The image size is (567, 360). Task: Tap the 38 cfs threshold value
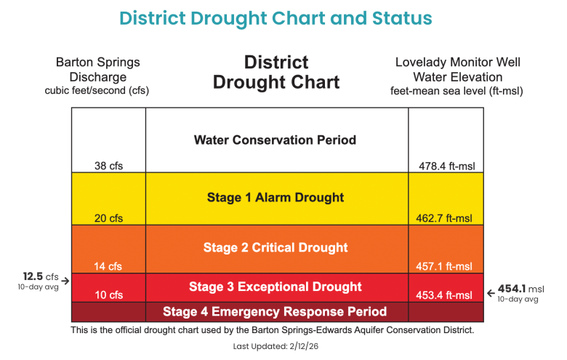point(108,166)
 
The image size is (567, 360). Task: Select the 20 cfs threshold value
point(108,217)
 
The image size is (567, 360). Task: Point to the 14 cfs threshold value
point(108,266)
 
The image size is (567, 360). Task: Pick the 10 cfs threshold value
point(108,295)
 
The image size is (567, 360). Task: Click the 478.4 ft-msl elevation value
point(446,166)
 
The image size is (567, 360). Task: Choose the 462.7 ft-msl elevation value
point(446,217)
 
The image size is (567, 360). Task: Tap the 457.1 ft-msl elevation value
point(446,266)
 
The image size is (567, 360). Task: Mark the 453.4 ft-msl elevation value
point(446,295)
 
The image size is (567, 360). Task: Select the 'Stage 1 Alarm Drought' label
point(276,197)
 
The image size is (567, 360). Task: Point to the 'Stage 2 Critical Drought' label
point(276,248)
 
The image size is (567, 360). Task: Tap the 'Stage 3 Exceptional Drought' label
point(276,287)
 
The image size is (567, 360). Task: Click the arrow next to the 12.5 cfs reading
point(65,280)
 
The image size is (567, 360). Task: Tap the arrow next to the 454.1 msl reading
point(491,293)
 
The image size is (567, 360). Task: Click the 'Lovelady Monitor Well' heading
point(458,63)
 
